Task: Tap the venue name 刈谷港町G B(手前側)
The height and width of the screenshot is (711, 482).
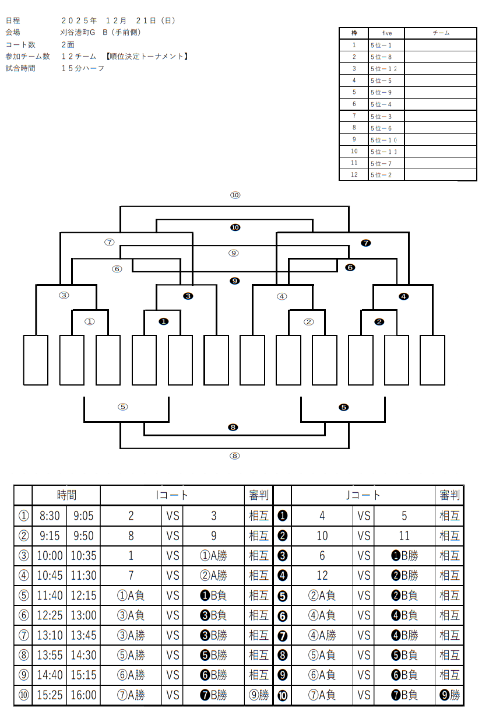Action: tap(100, 32)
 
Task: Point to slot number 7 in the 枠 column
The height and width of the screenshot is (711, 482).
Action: tap(354, 116)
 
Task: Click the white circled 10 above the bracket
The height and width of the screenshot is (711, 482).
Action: tap(235, 195)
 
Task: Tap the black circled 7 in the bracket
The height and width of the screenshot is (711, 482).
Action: tap(366, 243)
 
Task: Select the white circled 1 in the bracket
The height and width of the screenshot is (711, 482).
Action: tap(89, 321)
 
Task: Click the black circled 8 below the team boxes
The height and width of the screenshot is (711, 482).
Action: tap(233, 428)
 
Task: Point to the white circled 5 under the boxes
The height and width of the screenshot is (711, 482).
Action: tap(122, 407)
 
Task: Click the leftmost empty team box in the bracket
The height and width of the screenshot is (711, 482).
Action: tap(36, 360)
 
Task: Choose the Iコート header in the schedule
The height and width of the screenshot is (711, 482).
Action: tap(172, 495)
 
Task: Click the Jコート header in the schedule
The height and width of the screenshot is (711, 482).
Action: tap(363, 495)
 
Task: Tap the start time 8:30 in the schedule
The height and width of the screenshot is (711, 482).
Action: tap(50, 516)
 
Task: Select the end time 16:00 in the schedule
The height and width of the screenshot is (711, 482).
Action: tap(83, 695)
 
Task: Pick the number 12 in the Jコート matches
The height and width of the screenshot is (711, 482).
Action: tap(322, 576)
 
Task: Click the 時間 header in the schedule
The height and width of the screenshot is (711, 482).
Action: tap(66, 495)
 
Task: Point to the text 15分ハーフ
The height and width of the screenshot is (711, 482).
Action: tap(83, 68)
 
